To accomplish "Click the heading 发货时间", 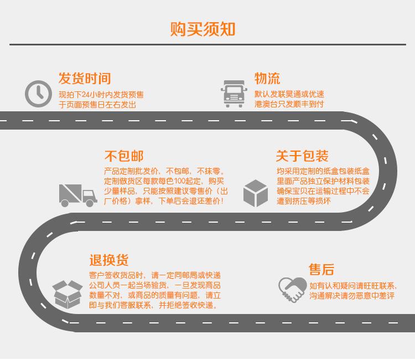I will coord(85,78).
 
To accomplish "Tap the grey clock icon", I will coord(39,94).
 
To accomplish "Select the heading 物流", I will coord(267,78).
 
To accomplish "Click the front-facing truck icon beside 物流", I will coord(234,93).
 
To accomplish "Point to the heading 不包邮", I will coord(124,156).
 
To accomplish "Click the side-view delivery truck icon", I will coord(78,196).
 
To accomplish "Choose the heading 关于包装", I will coord(302,156).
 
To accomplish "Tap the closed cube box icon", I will coord(256,193).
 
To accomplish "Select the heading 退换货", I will coord(109,260).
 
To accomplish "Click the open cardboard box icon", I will coord(68,294).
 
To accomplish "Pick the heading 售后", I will coord(321,270).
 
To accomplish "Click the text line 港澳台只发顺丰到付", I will coord(289,104).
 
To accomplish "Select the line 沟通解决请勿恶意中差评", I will coord(352,296).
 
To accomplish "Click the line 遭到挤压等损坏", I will coord(304,201).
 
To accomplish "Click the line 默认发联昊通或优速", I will coord(289,94).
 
